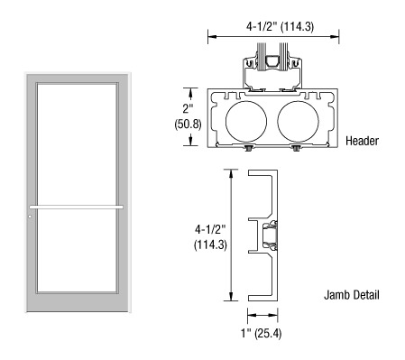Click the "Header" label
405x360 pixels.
362,141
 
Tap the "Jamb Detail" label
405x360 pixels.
352,295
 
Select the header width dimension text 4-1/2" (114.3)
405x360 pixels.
280,26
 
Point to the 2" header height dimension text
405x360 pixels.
187,108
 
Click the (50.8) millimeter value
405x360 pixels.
188,124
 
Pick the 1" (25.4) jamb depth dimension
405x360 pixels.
262,333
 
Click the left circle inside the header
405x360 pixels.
246,122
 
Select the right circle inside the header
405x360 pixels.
298,122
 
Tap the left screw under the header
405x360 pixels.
248,148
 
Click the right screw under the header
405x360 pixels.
296,148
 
